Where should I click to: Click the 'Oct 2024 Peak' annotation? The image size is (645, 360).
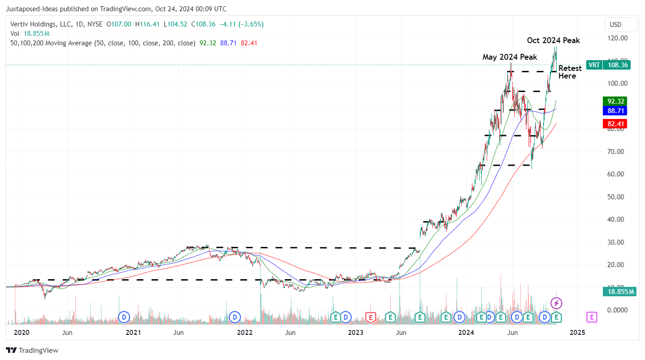(553, 40)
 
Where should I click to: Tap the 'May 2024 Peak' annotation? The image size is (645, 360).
(510, 57)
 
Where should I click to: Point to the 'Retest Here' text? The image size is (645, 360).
(570, 72)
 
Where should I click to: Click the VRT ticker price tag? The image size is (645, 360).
(609, 65)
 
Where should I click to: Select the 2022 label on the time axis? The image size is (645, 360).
(244, 333)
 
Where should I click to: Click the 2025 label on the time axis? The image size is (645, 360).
(577, 333)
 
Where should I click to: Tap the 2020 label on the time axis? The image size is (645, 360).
(22, 333)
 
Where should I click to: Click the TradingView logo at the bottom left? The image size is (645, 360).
(32, 350)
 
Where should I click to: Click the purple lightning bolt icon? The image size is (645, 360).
(556, 303)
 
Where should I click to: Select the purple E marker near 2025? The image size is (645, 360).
(592, 317)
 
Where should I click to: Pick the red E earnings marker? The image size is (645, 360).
(370, 317)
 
